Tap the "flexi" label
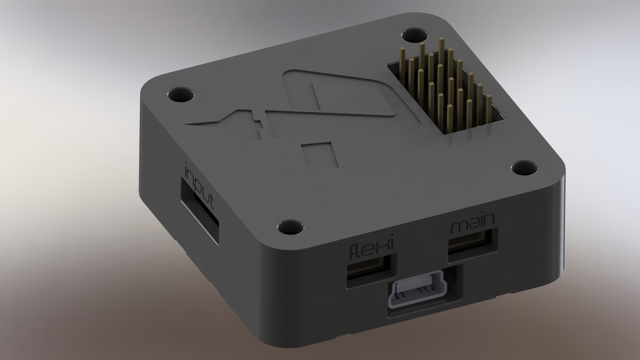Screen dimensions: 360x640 371,252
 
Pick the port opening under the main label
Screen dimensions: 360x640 472,244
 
